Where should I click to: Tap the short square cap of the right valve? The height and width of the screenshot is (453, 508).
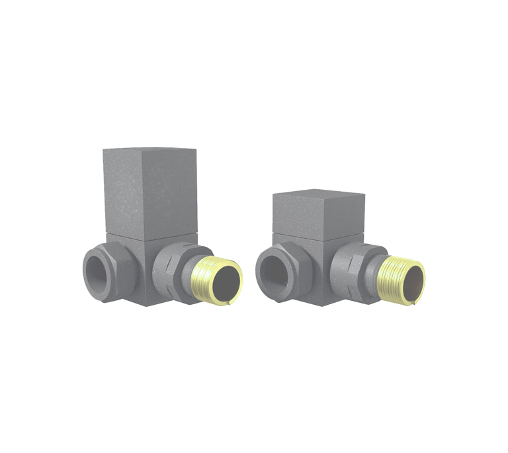point(317,215)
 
